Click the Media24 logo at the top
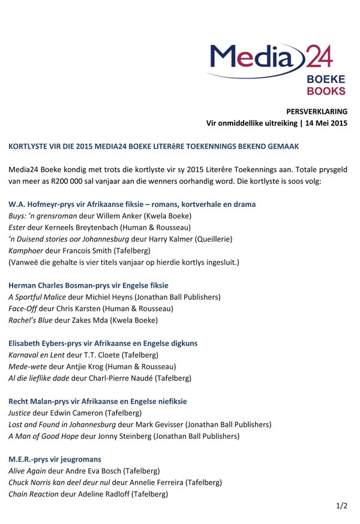coord(277,68)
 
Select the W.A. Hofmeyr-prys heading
coord(132,204)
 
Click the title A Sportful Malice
coord(41,297)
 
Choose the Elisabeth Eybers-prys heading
coord(103,344)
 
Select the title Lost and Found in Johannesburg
coord(62,424)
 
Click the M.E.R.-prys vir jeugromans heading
coord(55,459)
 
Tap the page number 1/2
coord(341,506)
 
